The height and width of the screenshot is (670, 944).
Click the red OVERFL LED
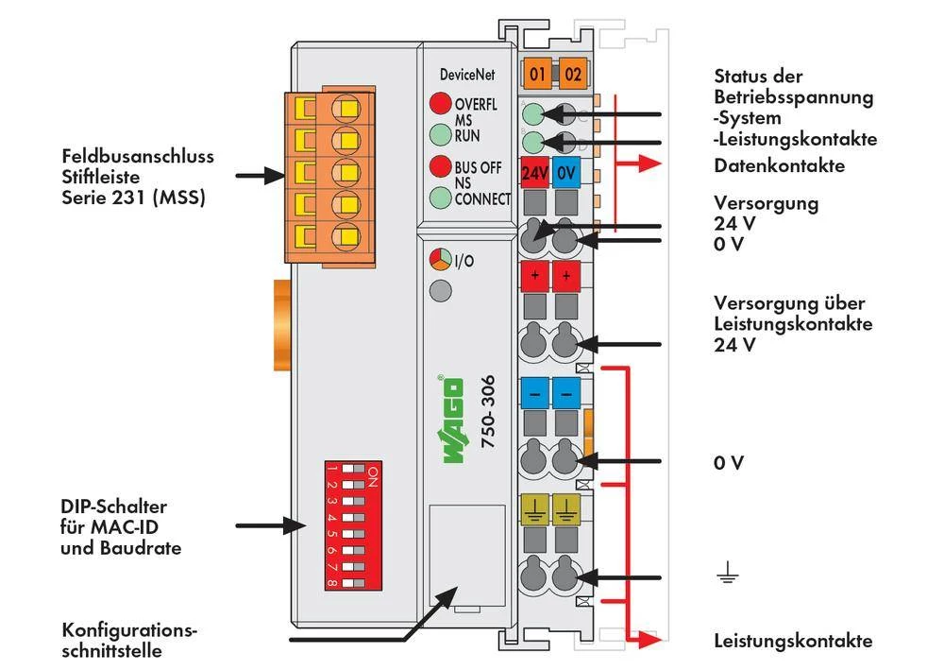pos(440,104)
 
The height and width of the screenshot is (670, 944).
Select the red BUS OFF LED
pos(440,167)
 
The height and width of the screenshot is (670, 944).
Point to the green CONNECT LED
pos(440,198)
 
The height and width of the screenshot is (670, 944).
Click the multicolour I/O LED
pos(440,260)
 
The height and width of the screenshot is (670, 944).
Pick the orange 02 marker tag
pos(572,73)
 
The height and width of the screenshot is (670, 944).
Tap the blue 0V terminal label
pos(565,173)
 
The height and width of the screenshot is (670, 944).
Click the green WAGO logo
pos(453,421)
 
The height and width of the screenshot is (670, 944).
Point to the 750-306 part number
pos(488,422)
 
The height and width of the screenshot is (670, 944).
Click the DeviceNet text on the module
pos(466,75)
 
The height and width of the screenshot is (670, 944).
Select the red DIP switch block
pos(346,526)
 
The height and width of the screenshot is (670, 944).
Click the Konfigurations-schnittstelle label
pos(130,640)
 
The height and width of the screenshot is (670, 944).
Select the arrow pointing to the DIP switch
pos(265,525)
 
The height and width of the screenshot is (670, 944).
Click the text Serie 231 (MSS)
pos(133,198)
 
